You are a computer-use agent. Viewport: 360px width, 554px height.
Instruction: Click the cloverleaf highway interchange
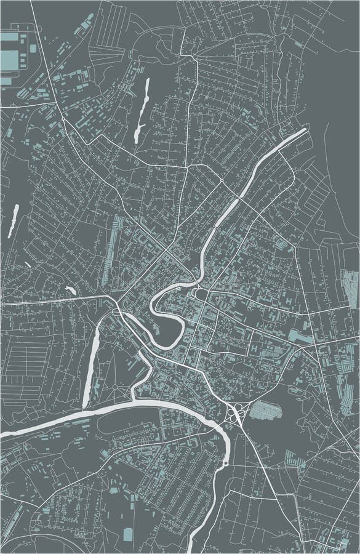point(236,414)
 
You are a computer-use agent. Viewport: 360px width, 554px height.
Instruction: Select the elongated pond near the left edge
point(12,220)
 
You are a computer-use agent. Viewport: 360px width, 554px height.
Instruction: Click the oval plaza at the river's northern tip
point(200,294)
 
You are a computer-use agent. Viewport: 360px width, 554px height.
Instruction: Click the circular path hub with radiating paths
point(115,387)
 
